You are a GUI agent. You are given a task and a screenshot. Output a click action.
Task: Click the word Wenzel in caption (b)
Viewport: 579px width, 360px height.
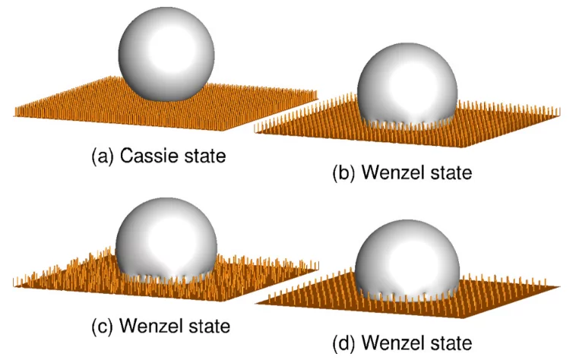click(x=396, y=172)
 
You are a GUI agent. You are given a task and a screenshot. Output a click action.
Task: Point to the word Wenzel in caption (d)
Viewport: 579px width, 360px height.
click(x=396, y=343)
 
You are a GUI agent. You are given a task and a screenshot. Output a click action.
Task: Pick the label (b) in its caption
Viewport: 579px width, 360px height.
click(x=346, y=173)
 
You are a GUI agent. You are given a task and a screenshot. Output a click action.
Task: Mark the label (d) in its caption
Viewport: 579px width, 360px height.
click(x=346, y=343)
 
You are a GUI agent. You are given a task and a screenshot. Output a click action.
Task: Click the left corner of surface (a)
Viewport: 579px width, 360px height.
click(x=15, y=113)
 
